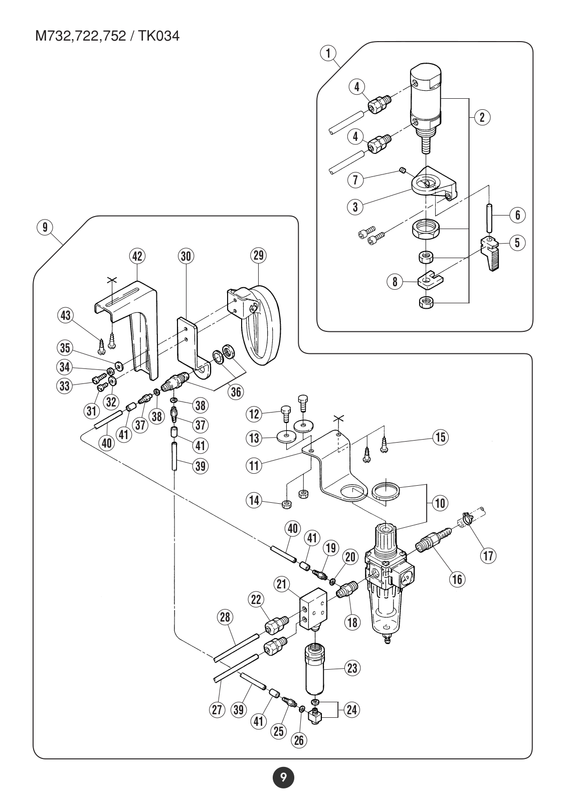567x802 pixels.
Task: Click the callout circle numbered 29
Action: click(258, 255)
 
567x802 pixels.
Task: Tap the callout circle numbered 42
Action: click(137, 256)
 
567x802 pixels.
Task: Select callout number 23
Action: click(352, 668)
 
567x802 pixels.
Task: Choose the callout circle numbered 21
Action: click(282, 584)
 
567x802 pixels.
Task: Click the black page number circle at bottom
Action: click(283, 777)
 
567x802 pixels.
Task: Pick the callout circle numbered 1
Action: click(328, 53)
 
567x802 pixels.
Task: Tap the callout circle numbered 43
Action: click(66, 315)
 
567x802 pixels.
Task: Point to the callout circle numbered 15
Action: click(441, 437)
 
